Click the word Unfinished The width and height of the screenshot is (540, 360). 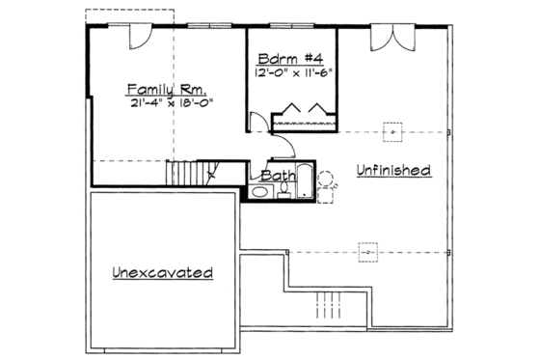pos(391,171)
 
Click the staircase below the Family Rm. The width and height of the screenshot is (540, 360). pos(189,175)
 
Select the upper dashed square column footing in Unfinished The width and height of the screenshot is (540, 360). pos(391,131)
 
